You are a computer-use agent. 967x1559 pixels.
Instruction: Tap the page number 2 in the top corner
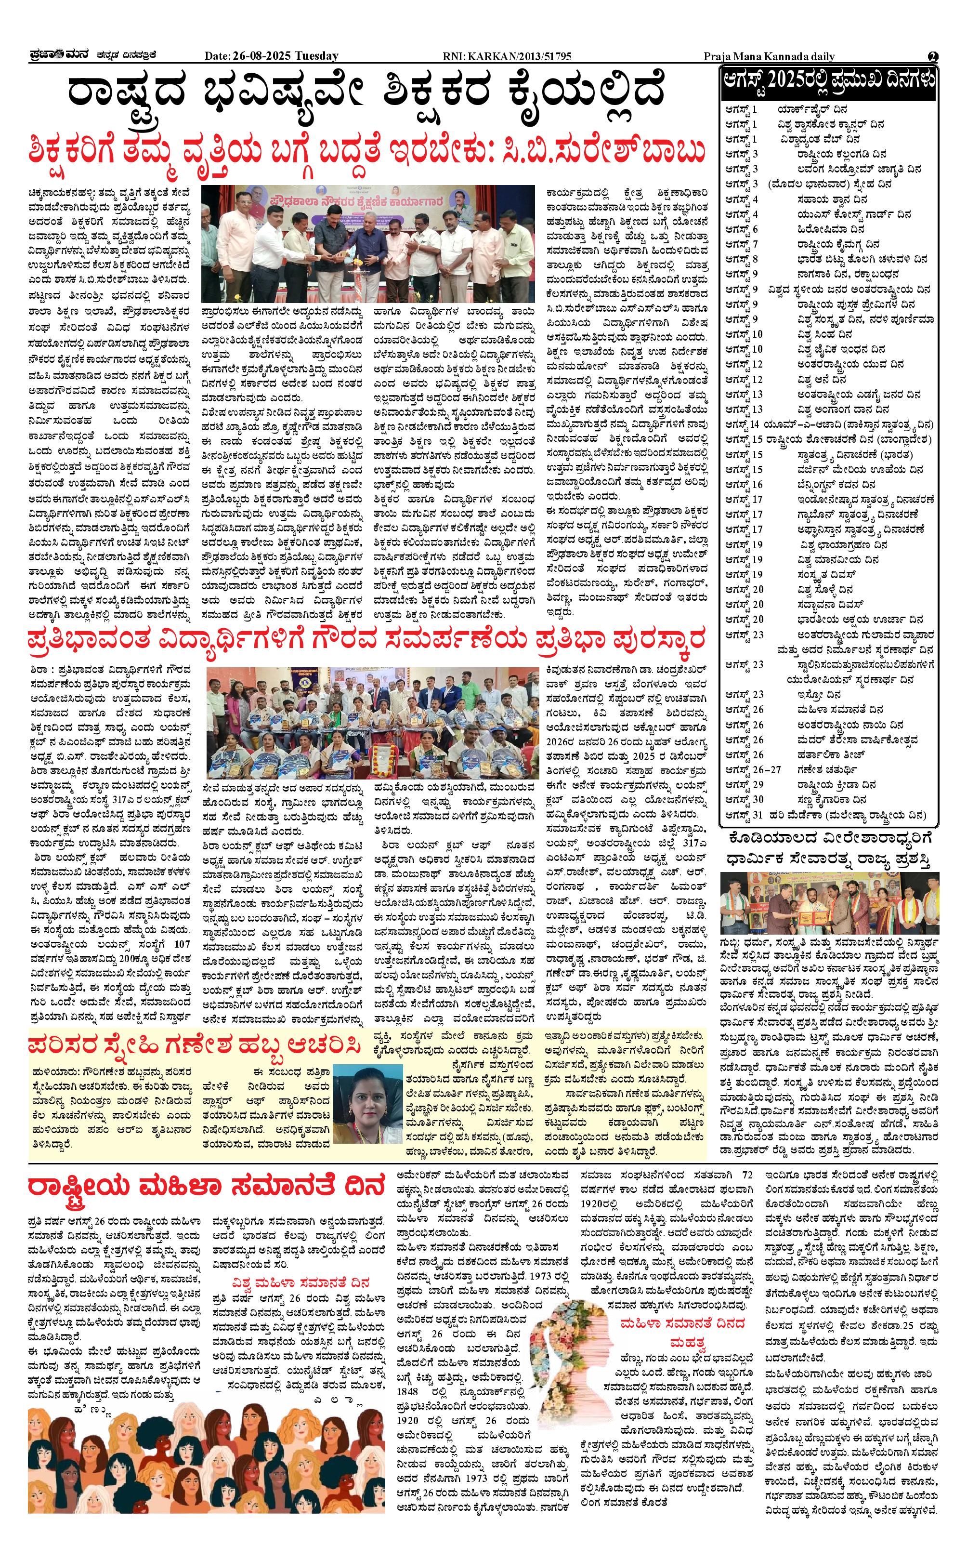coord(932,56)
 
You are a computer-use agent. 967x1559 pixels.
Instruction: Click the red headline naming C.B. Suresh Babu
coord(368,152)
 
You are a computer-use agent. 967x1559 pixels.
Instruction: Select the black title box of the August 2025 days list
coord(829,82)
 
